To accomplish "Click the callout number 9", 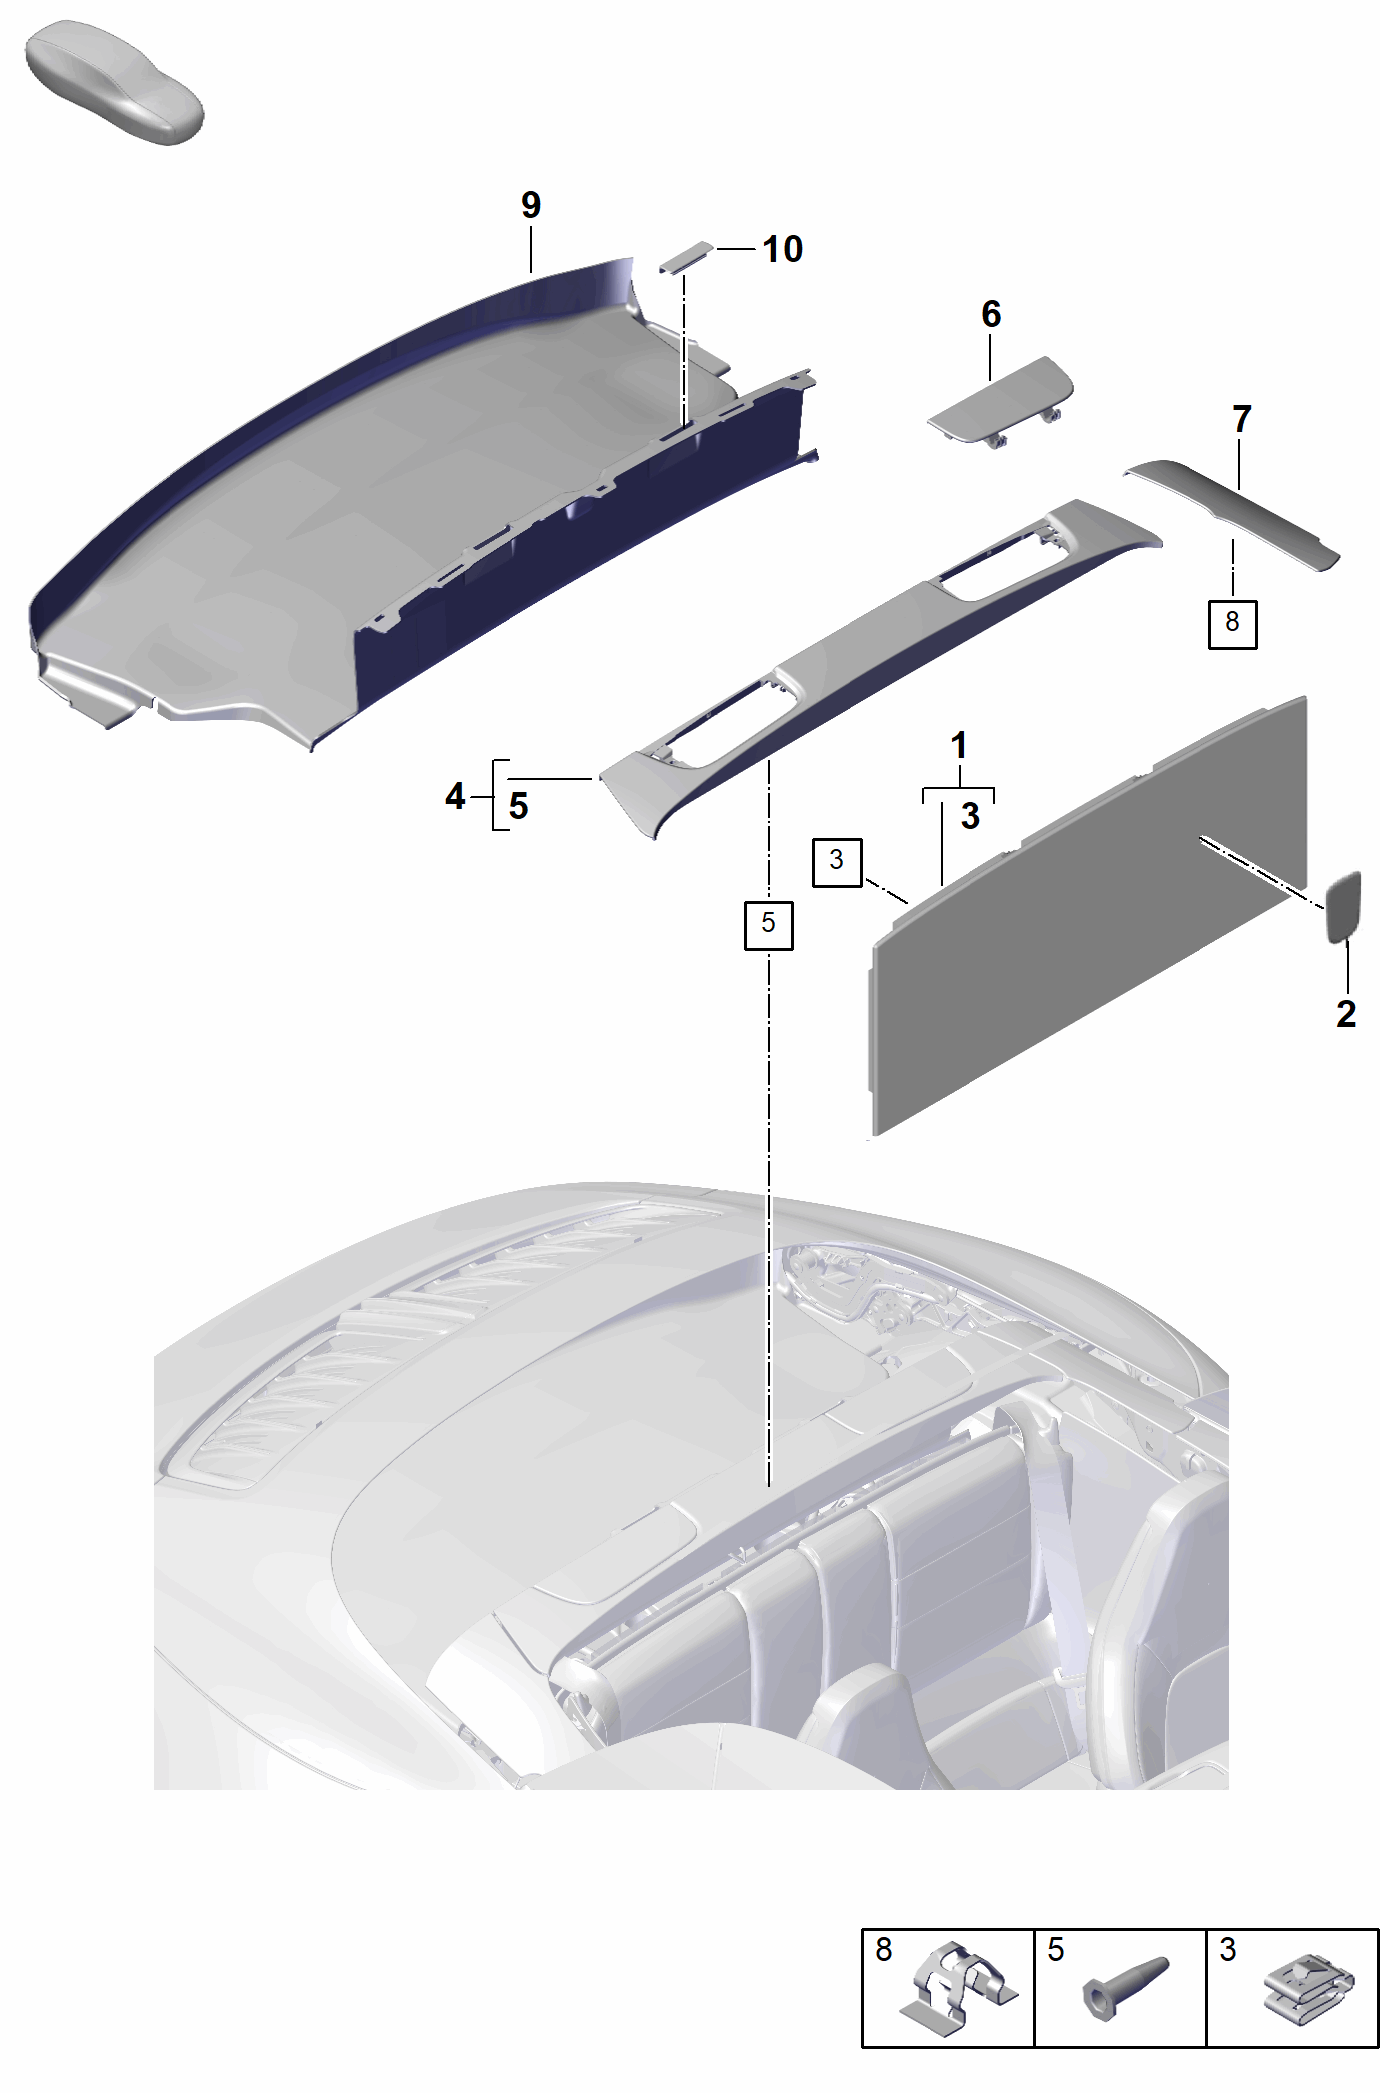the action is coord(531,205).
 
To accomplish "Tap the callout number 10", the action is coord(782,249).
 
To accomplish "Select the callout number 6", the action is coord(991,314).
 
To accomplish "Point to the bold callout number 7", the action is coord(1242,419).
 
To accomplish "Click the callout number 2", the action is coord(1346,1014).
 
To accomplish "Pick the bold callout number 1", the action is coord(959,745).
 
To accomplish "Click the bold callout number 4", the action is coord(455,796).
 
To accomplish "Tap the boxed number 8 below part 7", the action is coord(1232,623).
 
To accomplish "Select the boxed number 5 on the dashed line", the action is coord(768,923).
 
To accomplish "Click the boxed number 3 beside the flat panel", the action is coord(837,860).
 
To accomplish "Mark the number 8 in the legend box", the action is coord(884,1949).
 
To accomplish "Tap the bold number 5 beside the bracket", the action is coord(518,806).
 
